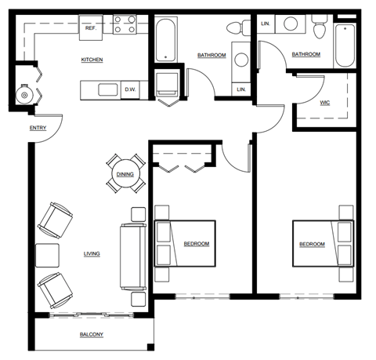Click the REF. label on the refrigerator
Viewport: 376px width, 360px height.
point(91,27)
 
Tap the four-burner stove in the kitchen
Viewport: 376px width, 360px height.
point(124,24)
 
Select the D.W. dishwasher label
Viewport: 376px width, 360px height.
point(130,89)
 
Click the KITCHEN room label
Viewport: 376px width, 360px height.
point(92,60)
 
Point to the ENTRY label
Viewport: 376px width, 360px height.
point(37,128)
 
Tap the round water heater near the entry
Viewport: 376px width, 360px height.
point(24,95)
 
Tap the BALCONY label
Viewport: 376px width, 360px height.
point(92,335)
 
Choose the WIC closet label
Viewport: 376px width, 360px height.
point(325,102)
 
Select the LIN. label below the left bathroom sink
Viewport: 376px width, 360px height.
point(241,90)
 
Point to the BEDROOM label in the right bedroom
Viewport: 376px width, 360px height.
point(312,245)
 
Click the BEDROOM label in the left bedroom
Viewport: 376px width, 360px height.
point(197,244)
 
